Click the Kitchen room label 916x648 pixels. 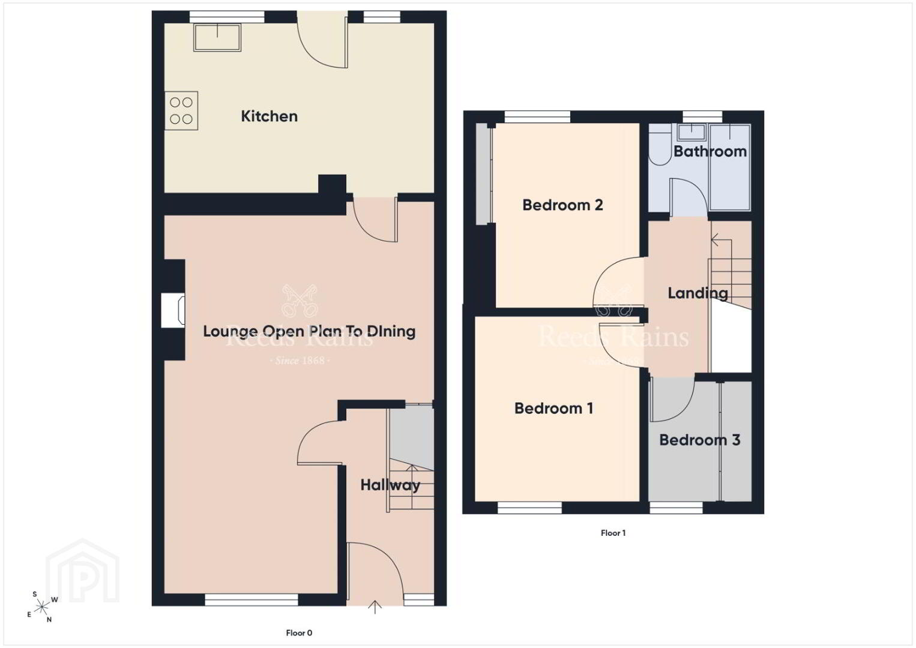click(269, 116)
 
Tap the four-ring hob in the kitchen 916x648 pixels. click(181, 110)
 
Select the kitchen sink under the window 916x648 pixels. click(217, 37)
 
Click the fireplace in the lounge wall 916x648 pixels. click(173, 310)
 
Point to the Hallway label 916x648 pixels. click(390, 485)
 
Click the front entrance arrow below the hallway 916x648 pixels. click(375, 607)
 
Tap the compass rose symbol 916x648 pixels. click(42, 607)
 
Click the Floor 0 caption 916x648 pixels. click(299, 633)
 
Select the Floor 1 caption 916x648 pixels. click(613, 533)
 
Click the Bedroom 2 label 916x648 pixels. click(562, 205)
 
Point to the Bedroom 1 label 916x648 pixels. click(553, 408)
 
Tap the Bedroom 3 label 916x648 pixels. click(700, 440)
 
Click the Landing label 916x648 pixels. click(698, 293)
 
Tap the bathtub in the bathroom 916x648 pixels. click(730, 167)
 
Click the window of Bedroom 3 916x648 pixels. click(676, 508)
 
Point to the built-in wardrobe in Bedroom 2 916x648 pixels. click(484, 174)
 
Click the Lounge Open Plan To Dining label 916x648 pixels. click(309, 332)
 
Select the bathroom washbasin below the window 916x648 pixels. click(692, 132)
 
